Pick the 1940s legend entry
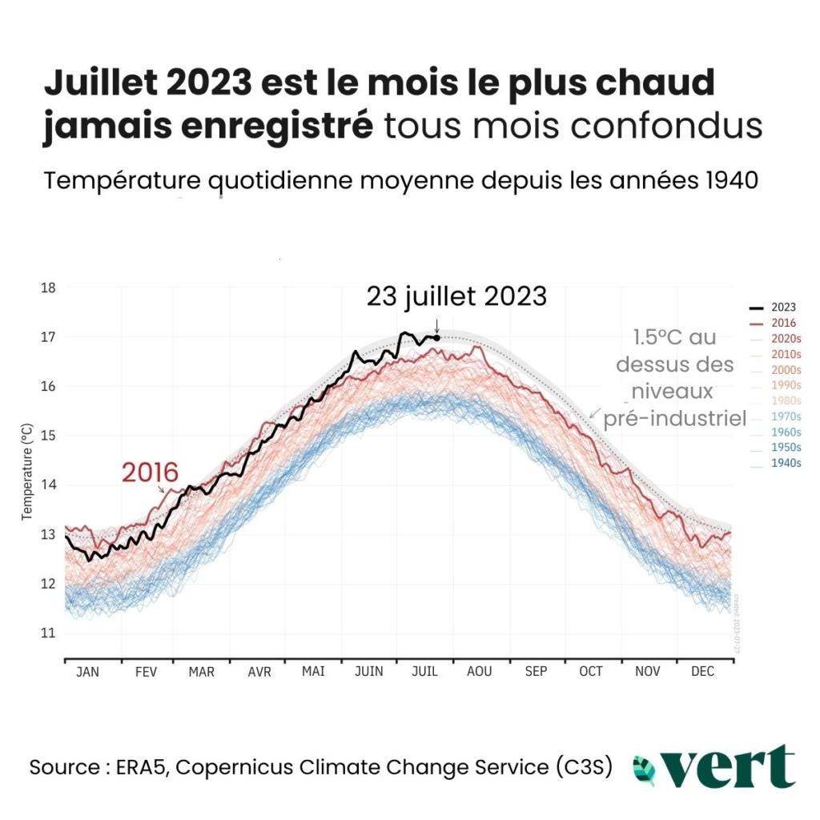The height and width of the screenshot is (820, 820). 786,464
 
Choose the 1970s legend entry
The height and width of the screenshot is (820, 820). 786,416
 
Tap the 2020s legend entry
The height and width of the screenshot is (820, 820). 786,338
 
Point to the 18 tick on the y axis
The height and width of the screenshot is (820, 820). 49,287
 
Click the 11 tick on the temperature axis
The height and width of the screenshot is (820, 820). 49,633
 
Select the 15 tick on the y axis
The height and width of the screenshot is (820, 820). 49,436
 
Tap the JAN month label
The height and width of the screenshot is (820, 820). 87,672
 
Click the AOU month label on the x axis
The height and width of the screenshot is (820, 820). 480,672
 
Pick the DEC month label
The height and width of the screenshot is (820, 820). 702,672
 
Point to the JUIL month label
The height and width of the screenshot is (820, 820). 424,672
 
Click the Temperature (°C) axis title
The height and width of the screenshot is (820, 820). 27,472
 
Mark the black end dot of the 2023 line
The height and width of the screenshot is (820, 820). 436,337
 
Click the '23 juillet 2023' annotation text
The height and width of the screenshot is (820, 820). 456,296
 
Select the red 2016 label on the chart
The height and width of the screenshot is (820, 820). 150,472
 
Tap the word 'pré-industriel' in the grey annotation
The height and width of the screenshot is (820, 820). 674,418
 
